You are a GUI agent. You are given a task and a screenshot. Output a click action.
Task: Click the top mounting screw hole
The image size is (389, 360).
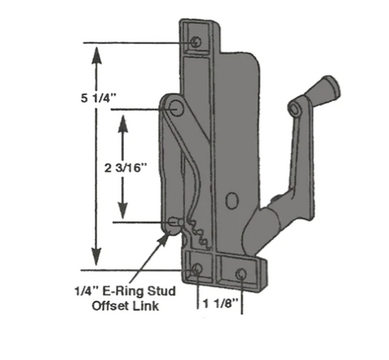coord(195,42)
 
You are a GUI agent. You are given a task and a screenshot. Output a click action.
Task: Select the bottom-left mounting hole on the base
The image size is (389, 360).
coord(196,269)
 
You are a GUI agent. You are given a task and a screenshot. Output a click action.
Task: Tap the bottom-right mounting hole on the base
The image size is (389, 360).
coord(241,274)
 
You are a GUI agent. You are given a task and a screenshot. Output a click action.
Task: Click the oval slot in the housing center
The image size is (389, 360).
coord(231,200)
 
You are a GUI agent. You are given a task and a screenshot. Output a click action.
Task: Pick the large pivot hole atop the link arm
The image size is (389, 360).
coord(177,109)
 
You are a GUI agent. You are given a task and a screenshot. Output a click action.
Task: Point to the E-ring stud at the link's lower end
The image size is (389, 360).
coord(176,221)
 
